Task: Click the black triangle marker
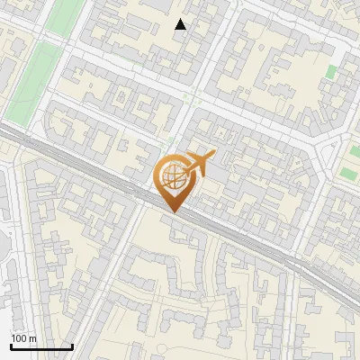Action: click(x=181, y=24)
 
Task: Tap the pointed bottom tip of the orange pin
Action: click(x=173, y=211)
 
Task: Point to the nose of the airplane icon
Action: click(x=212, y=155)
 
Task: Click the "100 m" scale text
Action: click(x=23, y=338)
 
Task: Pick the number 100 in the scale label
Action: click(x=19, y=338)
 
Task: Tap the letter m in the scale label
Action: click(x=32, y=338)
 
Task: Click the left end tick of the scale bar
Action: click(x=11, y=346)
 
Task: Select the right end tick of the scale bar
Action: click(x=72, y=346)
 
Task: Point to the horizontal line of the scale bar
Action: click(x=41, y=347)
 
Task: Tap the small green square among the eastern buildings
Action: click(x=331, y=72)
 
